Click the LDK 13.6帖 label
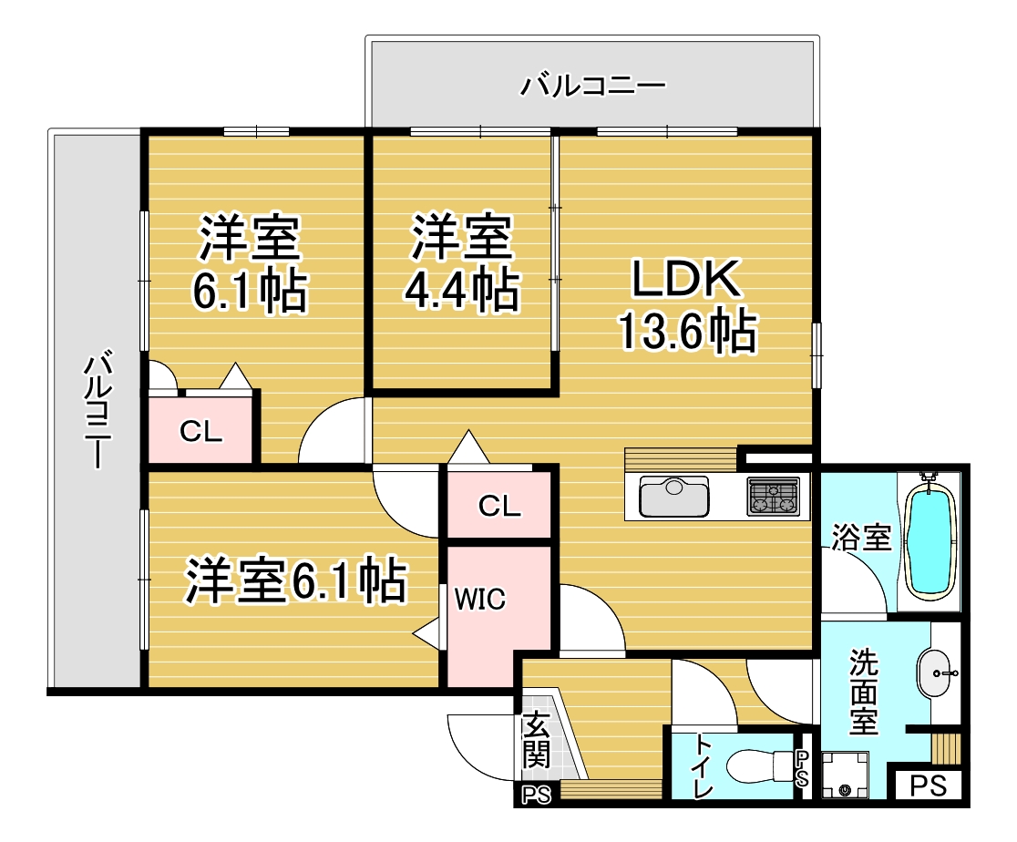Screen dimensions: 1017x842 (687, 305)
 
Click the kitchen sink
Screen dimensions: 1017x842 (673, 497)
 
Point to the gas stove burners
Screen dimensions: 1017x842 (773, 497)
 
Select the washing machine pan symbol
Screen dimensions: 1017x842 (845, 775)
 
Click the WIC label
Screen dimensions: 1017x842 (479, 600)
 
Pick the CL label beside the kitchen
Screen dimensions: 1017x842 (499, 506)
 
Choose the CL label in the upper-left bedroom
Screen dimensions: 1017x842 (200, 431)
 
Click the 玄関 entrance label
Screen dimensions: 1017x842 (537, 740)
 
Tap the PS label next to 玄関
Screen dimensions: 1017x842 (537, 795)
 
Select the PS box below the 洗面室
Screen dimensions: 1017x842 (928, 786)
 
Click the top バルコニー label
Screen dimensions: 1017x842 (593, 86)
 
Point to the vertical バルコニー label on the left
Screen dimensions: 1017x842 (98, 408)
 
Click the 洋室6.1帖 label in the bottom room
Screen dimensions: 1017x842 (296, 580)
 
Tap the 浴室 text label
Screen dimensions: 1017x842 (862, 538)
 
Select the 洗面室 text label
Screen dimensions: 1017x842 (863, 692)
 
